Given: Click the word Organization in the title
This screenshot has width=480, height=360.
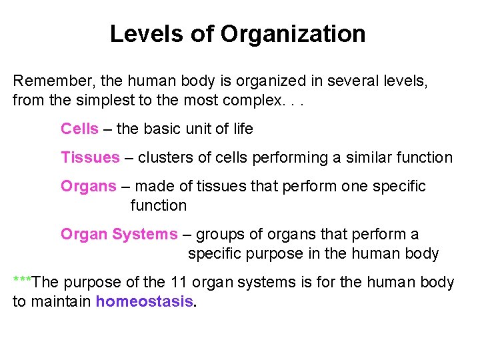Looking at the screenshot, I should [293, 33].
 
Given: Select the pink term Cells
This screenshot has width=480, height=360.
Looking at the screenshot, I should [79, 129].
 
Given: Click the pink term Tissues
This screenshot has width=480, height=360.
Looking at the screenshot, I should [90, 158].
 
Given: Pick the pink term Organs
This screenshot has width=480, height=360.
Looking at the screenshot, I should [88, 187].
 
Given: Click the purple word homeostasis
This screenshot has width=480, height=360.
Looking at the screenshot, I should [144, 301].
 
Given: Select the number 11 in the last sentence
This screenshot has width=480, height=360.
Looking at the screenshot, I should [179, 282].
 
